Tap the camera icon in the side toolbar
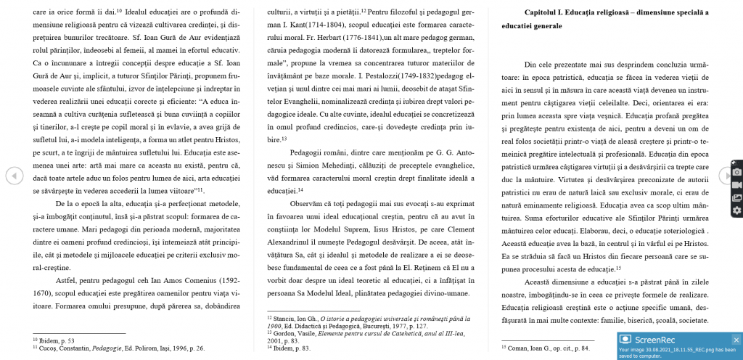[737, 172]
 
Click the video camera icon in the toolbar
[737, 184]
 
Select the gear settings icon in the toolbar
[737, 210]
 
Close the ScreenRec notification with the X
[736, 340]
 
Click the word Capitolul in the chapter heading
[550, 12]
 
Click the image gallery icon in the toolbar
[737, 197]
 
